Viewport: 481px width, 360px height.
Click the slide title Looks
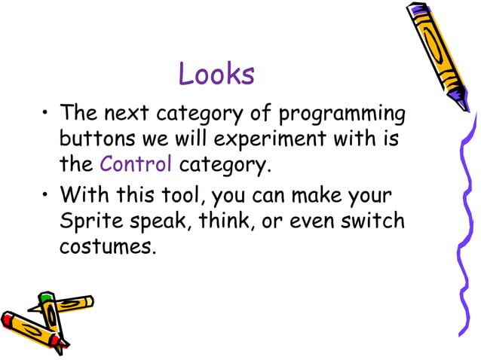point(216,75)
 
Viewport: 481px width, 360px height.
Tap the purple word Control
point(136,163)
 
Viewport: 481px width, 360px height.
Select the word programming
point(342,115)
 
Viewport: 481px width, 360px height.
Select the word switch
point(375,221)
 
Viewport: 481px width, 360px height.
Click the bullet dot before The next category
point(46,115)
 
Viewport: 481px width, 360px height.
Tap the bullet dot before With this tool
point(46,197)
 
